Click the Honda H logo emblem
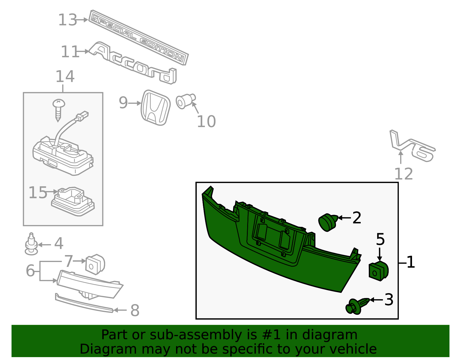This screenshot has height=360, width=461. point(156,108)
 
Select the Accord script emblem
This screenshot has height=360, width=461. point(133,63)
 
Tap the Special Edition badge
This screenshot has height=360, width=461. point(138,37)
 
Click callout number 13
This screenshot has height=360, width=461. point(67,20)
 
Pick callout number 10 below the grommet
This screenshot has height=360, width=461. point(206,122)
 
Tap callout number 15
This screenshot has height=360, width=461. point(38,193)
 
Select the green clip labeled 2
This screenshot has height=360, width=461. point(328,223)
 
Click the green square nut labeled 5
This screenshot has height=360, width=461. point(379,271)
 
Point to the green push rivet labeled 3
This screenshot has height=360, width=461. point(357,306)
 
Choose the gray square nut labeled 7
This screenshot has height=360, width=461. point(95,264)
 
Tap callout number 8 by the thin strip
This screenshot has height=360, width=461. point(135,310)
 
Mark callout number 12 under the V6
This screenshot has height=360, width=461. point(403,174)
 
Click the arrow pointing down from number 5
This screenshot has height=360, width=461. point(379,254)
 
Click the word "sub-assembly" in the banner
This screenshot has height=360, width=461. point(196,335)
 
